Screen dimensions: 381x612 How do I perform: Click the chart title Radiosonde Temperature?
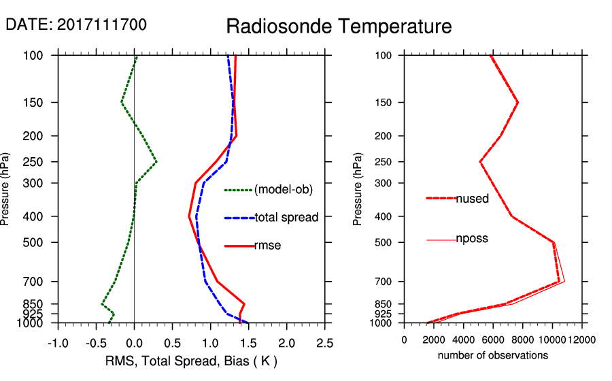(x=339, y=27)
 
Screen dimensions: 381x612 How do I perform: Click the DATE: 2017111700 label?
(x=76, y=24)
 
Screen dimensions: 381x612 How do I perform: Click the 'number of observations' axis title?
(x=493, y=355)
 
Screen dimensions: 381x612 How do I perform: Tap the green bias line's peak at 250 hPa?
(x=156, y=162)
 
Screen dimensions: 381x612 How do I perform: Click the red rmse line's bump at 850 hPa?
(x=243, y=303)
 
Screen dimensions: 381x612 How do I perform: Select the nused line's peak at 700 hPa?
(x=559, y=281)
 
